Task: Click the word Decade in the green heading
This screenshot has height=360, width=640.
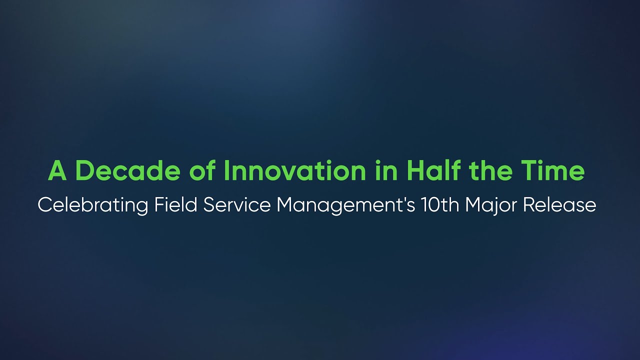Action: [128, 171]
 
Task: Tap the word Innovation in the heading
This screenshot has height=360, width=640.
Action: [295, 171]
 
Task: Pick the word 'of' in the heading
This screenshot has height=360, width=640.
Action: [202, 171]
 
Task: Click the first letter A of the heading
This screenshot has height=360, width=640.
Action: [57, 171]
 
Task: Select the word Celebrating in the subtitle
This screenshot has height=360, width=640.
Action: [92, 205]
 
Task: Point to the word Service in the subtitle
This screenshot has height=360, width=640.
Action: [237, 205]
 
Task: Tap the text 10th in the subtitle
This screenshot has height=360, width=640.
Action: [440, 205]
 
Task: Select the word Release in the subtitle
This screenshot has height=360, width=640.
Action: [559, 205]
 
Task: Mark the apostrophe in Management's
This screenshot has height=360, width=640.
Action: [402, 200]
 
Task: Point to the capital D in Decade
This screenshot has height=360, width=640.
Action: [83, 171]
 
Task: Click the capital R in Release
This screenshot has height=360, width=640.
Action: [529, 205]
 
